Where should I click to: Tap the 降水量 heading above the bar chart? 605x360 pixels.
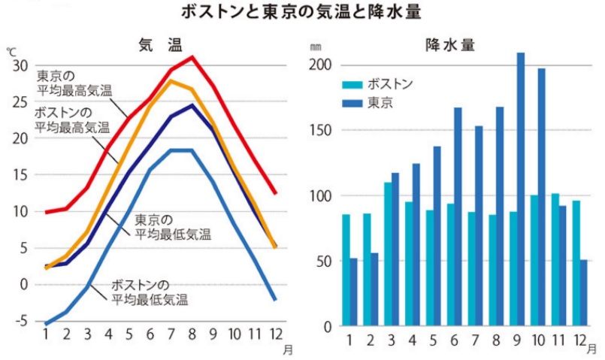(449, 46)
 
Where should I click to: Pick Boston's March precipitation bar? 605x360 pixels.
(388, 254)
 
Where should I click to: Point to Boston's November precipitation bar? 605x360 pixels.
(555, 260)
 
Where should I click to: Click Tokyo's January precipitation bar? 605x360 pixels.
(354, 292)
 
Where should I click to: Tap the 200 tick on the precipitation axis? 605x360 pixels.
(319, 65)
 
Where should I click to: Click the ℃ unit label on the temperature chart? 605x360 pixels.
(11, 51)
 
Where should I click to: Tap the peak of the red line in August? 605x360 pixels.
(192, 57)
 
